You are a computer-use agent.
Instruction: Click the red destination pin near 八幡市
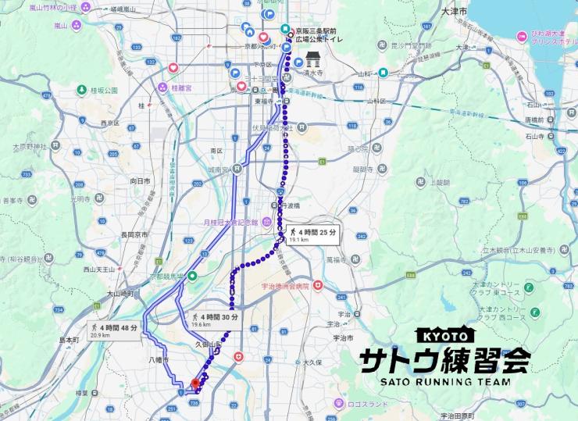point(195,384)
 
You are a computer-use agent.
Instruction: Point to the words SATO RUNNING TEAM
point(444,382)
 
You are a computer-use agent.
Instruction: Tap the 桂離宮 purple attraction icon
point(162,88)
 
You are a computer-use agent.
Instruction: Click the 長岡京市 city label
point(130,234)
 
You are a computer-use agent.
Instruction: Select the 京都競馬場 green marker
point(192,275)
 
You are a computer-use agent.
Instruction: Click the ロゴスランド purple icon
point(339,403)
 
